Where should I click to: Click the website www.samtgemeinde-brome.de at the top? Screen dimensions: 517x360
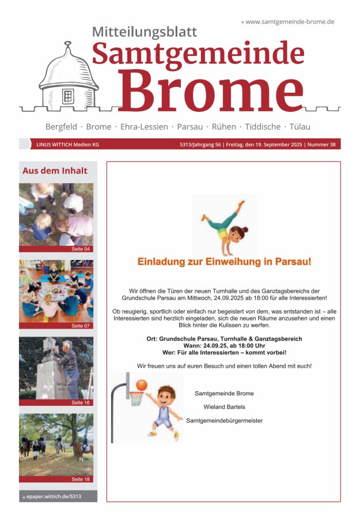click(290, 22)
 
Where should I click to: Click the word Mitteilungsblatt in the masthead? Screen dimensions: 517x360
click(145, 32)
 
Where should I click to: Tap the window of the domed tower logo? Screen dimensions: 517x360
click(68, 96)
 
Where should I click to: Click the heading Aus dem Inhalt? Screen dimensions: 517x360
click(55, 171)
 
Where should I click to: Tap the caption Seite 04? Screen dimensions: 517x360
click(81, 249)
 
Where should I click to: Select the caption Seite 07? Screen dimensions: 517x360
click(81, 326)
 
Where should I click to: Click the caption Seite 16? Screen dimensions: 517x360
click(81, 402)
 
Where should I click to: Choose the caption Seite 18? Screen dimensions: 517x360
click(81, 479)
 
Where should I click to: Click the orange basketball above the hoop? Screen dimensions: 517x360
click(142, 384)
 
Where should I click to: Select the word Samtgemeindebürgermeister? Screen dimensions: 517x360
click(224, 421)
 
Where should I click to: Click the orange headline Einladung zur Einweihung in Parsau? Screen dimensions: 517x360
click(224, 262)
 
